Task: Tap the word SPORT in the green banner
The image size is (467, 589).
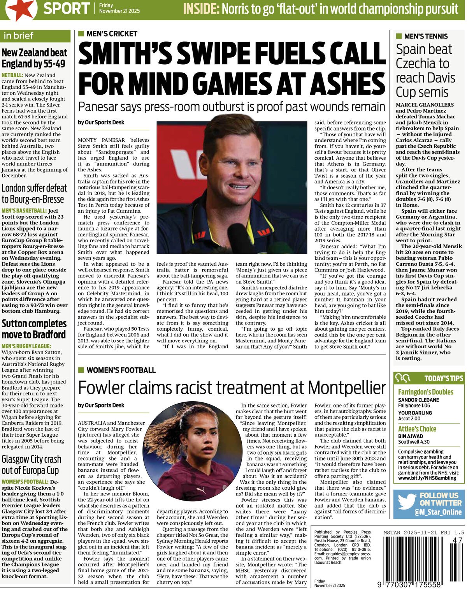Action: tap(67, 8)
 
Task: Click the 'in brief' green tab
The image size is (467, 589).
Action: tap(18, 36)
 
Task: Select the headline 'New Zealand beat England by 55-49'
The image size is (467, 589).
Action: tap(34, 58)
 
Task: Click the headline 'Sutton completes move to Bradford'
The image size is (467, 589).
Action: tap(34, 329)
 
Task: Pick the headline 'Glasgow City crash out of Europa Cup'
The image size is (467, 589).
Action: tap(31, 464)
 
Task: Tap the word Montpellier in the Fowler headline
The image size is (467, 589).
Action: tap(347, 388)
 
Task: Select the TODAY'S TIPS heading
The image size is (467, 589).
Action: tap(444, 378)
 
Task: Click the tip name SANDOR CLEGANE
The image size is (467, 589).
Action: tap(418, 400)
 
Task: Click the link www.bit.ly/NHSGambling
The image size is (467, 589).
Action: tap(427, 478)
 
